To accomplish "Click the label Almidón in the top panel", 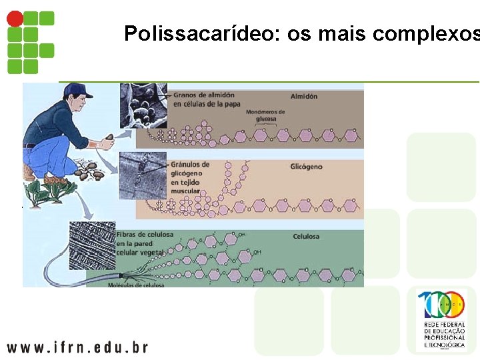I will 305,96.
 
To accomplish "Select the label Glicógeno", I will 307,167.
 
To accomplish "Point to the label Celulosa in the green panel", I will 306,237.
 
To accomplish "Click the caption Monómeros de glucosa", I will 266,115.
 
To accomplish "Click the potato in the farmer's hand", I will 109,139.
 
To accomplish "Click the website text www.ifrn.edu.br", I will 77,347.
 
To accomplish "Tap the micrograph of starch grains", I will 143,106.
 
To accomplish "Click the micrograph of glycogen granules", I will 143,175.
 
